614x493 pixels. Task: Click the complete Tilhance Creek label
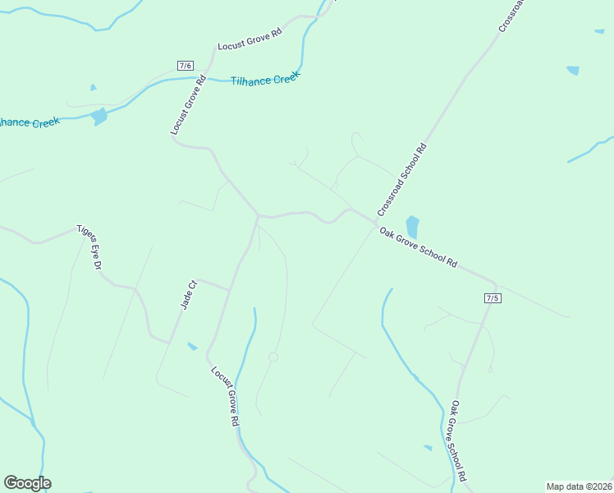265,78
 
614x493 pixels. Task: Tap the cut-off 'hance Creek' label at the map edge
30,122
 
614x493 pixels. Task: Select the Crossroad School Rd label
403,181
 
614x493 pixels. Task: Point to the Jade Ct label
189,296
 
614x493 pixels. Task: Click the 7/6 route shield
185,65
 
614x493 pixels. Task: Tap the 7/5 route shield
493,297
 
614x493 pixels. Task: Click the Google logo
27,483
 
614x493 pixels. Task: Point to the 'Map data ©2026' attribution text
579,486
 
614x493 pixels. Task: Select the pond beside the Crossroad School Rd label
412,227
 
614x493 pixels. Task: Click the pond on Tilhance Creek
99,117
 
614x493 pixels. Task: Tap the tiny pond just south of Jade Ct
192,347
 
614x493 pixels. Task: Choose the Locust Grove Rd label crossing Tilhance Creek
187,104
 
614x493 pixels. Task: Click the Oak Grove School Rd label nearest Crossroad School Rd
418,247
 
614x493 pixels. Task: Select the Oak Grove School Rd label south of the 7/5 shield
457,440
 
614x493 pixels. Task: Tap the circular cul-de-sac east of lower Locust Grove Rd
273,357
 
